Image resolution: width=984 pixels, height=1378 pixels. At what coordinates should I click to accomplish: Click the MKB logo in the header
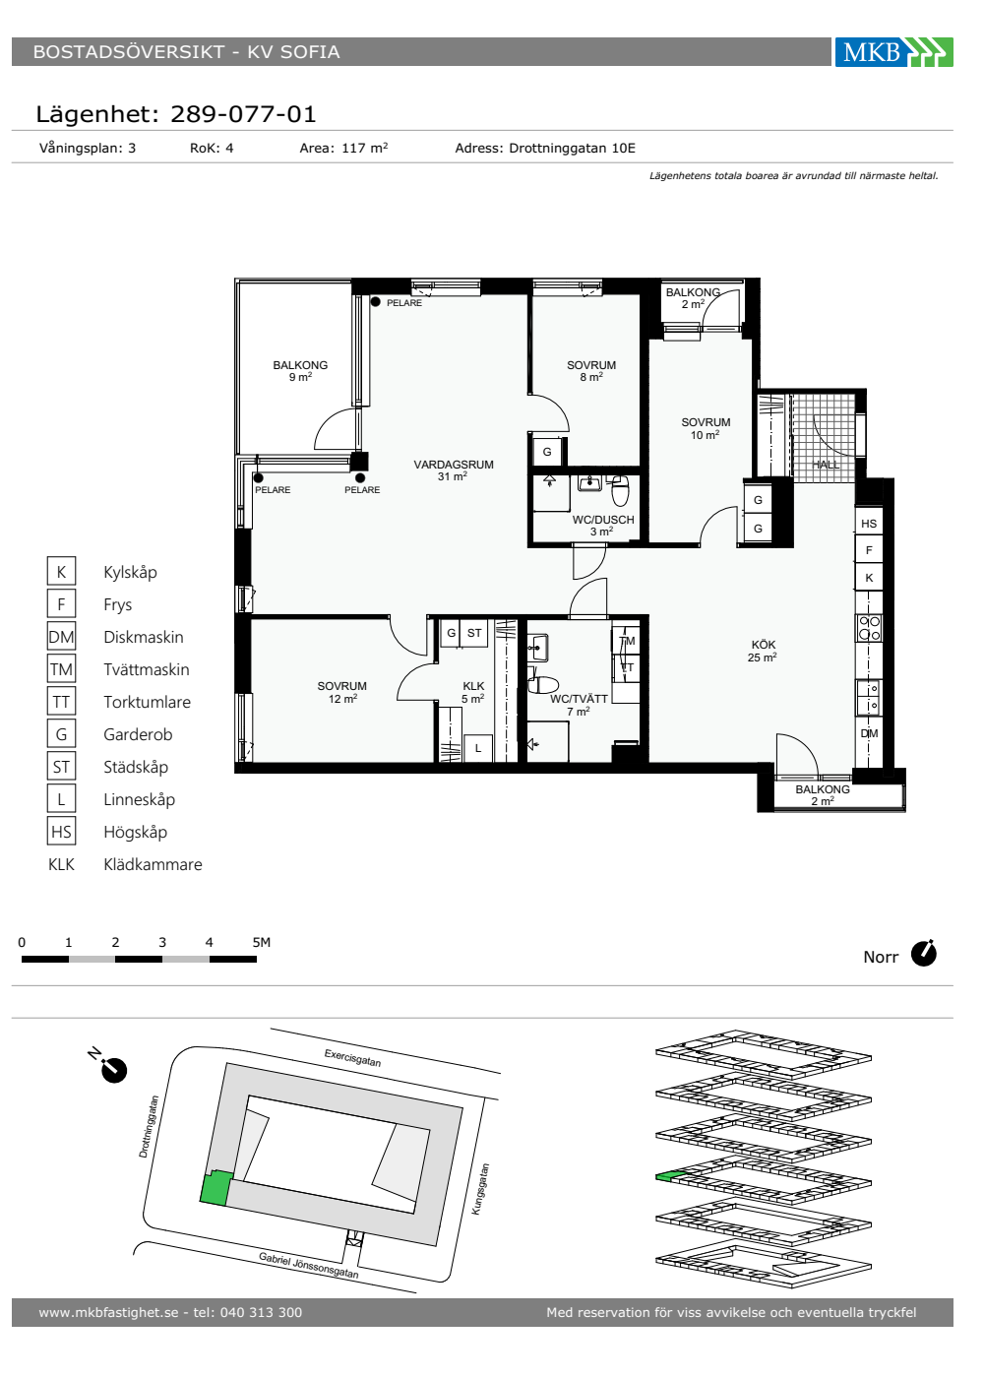(x=893, y=52)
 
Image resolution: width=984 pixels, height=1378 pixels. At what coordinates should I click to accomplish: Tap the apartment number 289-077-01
(x=243, y=114)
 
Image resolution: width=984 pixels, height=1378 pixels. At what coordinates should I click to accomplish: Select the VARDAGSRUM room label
(x=454, y=465)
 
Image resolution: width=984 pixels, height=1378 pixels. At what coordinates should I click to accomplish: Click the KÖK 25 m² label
(x=763, y=651)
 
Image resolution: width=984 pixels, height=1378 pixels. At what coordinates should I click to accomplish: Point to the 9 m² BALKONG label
(x=300, y=371)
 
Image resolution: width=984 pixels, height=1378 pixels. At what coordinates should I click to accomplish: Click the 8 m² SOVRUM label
(x=591, y=371)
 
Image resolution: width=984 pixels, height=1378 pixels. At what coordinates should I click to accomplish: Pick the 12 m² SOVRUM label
(x=342, y=692)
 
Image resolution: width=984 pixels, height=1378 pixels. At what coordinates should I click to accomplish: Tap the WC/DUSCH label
(x=602, y=520)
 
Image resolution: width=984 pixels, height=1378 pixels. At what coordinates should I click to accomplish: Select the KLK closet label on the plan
(x=473, y=686)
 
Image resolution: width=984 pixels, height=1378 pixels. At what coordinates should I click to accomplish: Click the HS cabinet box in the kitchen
(x=868, y=524)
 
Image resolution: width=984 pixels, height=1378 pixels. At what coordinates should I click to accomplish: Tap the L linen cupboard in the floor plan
(x=478, y=749)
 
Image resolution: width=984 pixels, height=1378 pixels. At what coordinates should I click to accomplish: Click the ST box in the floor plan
(x=474, y=633)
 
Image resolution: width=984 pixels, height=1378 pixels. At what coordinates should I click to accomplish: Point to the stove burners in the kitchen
(x=869, y=628)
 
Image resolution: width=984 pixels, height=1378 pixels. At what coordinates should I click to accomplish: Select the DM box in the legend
(x=61, y=637)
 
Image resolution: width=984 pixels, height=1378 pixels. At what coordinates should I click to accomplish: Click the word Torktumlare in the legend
(x=147, y=702)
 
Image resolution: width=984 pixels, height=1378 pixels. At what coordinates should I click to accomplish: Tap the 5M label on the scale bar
(x=262, y=942)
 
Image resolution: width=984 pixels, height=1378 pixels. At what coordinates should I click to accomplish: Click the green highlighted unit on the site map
(x=215, y=1187)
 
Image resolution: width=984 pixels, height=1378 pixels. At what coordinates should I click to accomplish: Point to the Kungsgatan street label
(x=480, y=1189)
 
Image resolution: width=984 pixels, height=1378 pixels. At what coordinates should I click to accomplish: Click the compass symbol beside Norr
(x=923, y=954)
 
